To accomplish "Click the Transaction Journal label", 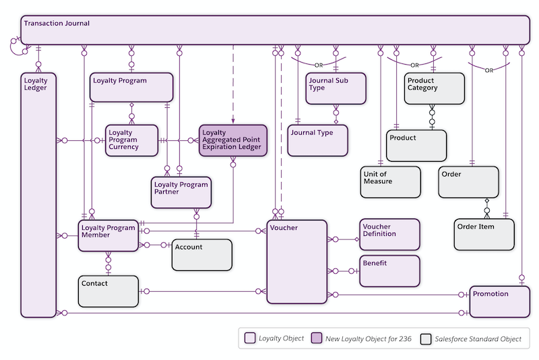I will pos(57,24).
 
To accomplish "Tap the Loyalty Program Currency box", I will pos(131,140).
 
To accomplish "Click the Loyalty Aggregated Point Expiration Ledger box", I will pos(232,140).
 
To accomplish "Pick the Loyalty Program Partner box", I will pos(181,192).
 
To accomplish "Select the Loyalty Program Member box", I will pos(108,235).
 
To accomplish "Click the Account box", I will pos(202,255).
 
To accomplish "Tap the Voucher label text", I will pos(284,228).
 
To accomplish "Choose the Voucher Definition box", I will pos(389,234).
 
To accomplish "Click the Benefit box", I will pos(389,270).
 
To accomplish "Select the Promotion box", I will pos(499,301).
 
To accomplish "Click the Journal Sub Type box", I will pos(336,88).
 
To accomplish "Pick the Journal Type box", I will pos(317,140).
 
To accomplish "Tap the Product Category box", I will pos(435,88).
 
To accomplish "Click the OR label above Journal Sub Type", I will pos(319,65).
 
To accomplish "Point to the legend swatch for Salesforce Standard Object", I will pos(426,338).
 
